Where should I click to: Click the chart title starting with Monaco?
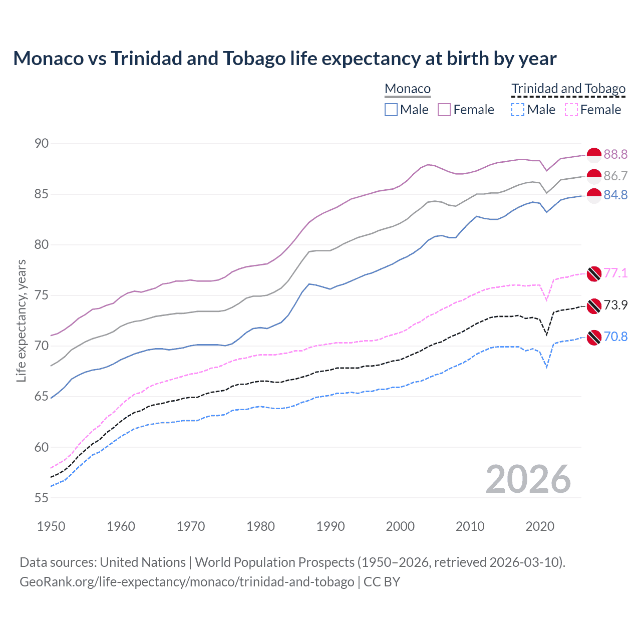[284, 59]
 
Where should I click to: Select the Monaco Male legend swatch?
[391, 110]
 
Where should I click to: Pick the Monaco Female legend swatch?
[444, 110]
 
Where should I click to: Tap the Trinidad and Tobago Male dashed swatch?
[518, 110]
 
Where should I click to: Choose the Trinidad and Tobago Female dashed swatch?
[571, 110]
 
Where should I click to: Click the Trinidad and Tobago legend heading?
[568, 89]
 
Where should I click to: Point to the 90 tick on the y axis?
[42, 144]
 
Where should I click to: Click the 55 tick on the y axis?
[42, 498]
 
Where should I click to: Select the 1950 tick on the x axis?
[51, 526]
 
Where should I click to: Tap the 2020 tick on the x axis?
[540, 526]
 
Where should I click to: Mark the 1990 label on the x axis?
[331, 526]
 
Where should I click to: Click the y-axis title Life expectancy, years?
[21, 320]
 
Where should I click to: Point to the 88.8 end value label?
[615, 154]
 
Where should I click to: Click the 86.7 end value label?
[615, 176]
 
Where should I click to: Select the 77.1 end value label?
[615, 273]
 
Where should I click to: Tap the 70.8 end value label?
[615, 337]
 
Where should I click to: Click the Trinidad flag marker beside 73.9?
[594, 305]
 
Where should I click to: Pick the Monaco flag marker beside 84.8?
[594, 196]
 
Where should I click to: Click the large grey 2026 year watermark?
[528, 479]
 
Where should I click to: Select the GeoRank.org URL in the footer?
[187, 582]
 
